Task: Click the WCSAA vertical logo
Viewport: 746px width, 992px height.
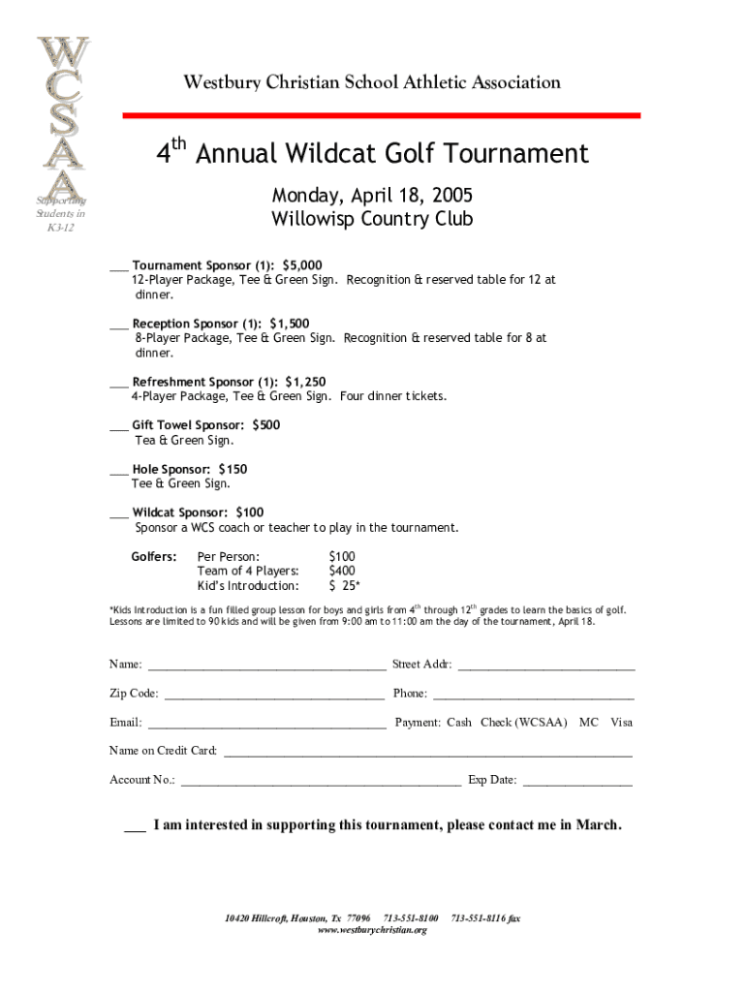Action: click(x=63, y=121)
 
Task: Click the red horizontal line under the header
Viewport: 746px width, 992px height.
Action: click(x=381, y=115)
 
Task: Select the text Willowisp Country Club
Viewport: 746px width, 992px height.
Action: click(x=372, y=219)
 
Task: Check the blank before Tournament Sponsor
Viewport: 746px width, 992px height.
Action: click(x=118, y=267)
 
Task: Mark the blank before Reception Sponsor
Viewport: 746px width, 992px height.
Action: click(x=118, y=325)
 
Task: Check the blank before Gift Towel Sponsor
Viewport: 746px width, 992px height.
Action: click(x=118, y=427)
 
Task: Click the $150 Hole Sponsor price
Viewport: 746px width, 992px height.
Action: click(x=233, y=469)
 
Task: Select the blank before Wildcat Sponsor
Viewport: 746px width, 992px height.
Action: click(x=118, y=514)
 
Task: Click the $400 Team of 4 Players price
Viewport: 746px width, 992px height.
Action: click(x=342, y=571)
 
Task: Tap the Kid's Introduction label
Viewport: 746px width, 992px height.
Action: click(x=248, y=586)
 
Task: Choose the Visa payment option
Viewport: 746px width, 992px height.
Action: click(x=621, y=723)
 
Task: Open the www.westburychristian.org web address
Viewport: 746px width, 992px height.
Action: click(x=372, y=930)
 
